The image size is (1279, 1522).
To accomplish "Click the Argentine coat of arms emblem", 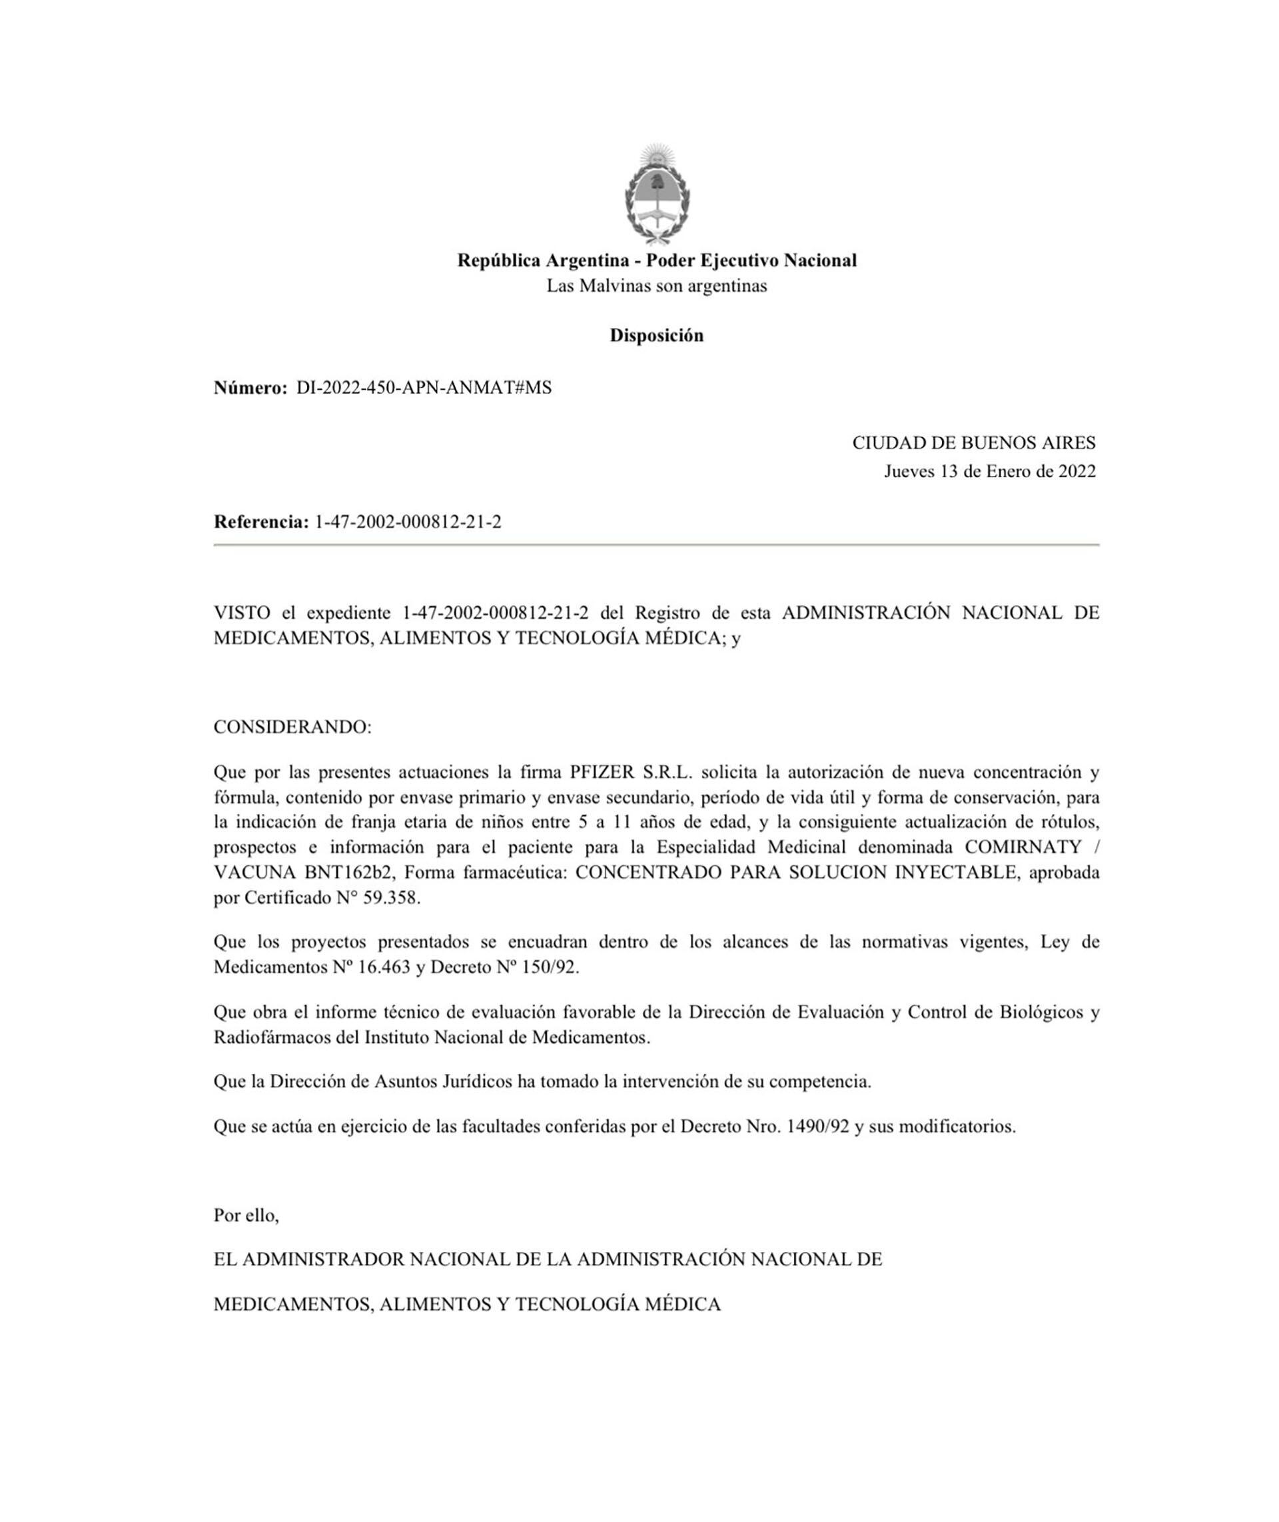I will click(657, 194).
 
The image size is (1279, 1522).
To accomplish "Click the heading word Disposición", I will click(656, 335).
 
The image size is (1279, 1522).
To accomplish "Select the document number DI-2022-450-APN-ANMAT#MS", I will click(424, 388).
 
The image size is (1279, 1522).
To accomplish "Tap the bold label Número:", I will click(250, 388).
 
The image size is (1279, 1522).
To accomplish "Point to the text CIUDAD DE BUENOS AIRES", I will click(973, 443).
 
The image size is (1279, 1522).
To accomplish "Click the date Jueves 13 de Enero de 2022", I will click(989, 471).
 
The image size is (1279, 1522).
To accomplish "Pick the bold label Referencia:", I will click(261, 521).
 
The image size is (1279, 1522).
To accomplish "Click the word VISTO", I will click(241, 612).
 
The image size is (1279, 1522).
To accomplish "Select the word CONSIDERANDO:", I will click(292, 727).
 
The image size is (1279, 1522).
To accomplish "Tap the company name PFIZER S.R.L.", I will click(632, 771).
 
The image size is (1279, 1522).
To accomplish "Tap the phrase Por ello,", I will click(246, 1215).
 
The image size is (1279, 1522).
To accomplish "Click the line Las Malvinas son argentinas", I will click(656, 286).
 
